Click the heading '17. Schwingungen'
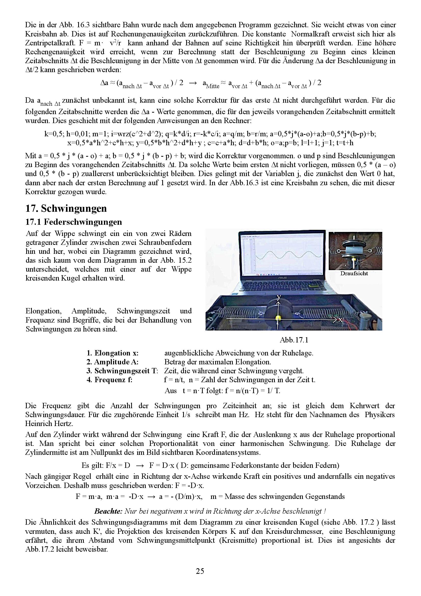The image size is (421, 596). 66,208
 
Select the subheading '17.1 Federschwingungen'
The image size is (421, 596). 74,222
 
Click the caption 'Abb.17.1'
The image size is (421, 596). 294,340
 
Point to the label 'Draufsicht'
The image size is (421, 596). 354,273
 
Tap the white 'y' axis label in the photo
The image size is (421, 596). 279,297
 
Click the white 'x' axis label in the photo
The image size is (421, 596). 340,320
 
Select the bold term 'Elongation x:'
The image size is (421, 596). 113,353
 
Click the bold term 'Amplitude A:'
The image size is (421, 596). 112,362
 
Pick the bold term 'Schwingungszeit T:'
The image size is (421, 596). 122,371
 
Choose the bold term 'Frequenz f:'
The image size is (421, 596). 110,380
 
